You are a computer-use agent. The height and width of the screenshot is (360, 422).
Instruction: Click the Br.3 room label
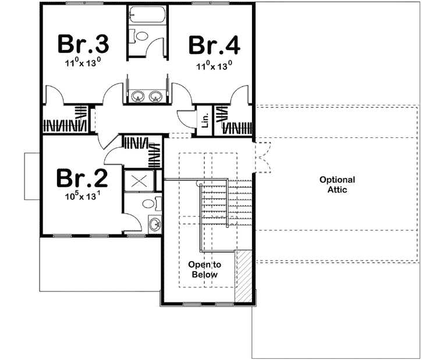click(81, 44)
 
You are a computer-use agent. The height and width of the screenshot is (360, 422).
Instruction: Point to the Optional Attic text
click(337, 185)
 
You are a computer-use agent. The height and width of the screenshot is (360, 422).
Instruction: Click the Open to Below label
click(203, 269)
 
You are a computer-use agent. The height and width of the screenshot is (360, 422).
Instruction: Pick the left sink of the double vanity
click(139, 97)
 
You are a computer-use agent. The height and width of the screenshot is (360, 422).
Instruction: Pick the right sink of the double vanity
click(155, 97)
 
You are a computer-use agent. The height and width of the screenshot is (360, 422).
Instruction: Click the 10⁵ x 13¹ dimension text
click(81, 196)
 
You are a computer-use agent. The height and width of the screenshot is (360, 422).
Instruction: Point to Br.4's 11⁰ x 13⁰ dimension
click(214, 65)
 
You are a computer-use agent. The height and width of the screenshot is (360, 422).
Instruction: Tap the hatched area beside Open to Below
click(243, 276)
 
